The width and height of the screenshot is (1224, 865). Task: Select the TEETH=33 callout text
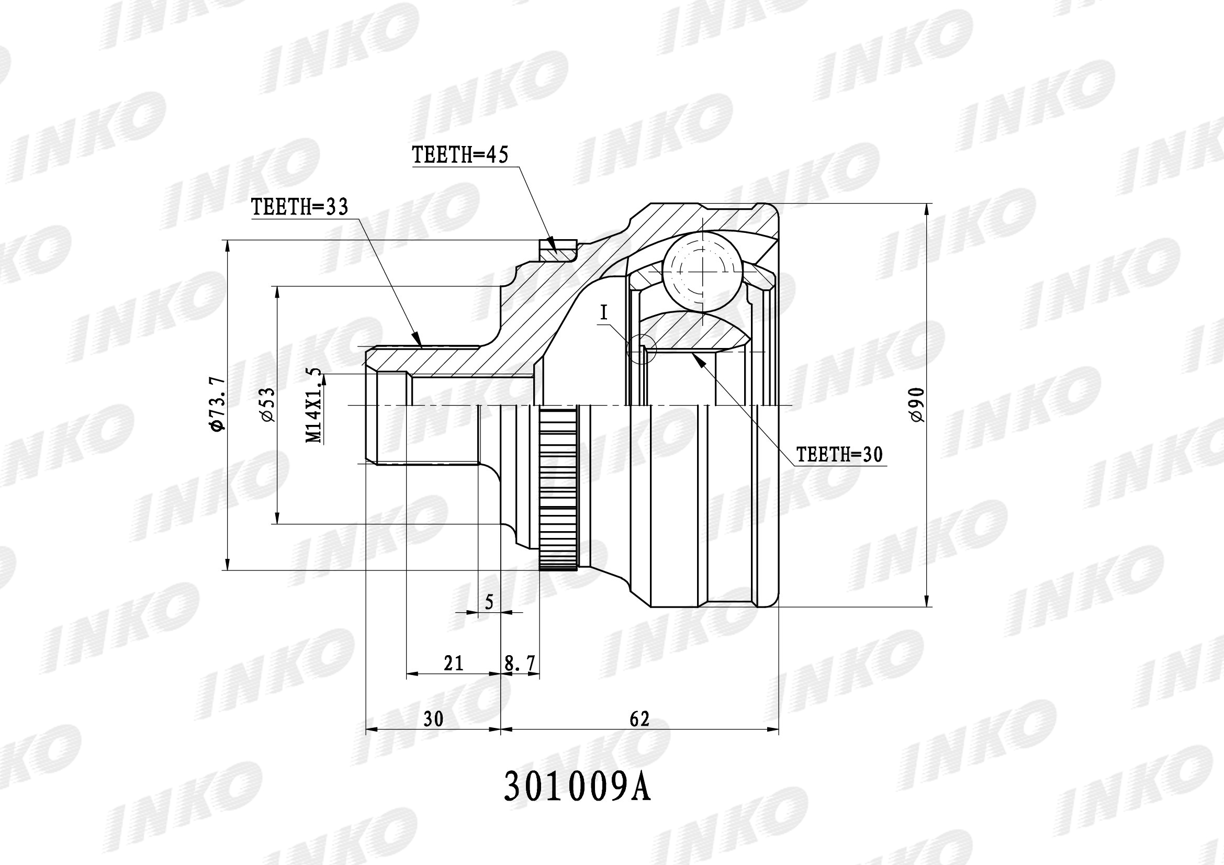300,206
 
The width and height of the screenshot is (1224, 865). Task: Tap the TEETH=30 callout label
839,454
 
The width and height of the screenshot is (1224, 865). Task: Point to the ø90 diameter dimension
916,405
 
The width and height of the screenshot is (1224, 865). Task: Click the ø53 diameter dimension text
267,405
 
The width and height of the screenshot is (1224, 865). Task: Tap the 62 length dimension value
639,719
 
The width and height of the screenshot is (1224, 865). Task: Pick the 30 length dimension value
433,719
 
